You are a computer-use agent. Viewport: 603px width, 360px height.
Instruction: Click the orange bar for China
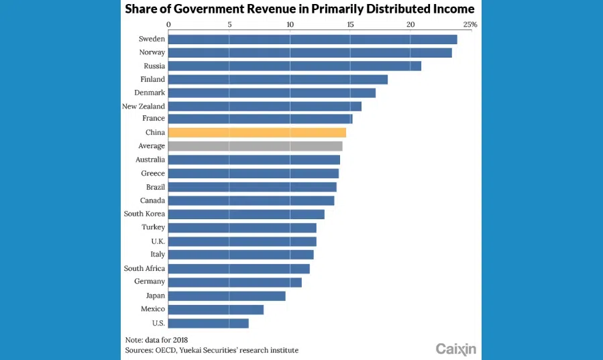point(257,133)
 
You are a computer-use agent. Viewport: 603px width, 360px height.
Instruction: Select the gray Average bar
point(255,146)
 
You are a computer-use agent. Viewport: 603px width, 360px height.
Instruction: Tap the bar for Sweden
point(313,40)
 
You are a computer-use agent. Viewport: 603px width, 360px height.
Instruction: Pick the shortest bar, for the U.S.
point(208,323)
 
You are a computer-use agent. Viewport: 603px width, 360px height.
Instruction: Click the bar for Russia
point(294,66)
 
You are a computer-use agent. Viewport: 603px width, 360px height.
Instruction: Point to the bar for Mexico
point(215,309)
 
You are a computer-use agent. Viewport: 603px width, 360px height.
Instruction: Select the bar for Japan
point(227,296)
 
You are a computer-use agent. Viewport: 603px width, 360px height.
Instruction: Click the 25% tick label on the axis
point(470,25)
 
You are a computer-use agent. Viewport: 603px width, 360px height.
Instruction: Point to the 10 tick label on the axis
point(290,25)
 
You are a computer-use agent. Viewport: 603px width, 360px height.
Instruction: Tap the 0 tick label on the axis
point(168,25)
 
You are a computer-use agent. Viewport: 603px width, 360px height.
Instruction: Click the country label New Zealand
point(144,106)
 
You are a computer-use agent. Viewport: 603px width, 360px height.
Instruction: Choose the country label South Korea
point(144,214)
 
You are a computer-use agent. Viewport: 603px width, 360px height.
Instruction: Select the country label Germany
point(150,282)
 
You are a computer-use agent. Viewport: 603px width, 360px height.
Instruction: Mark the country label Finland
point(152,79)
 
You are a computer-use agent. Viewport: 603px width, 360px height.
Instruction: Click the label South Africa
point(144,268)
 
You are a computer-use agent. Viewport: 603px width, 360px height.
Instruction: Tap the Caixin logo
point(455,349)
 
